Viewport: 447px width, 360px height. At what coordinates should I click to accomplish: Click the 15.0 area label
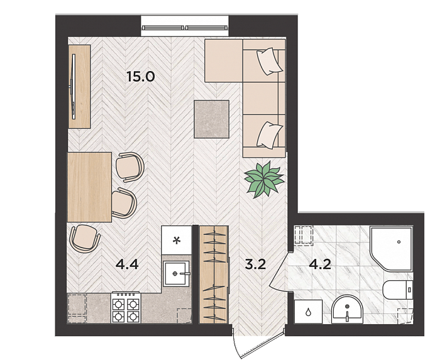click(141, 76)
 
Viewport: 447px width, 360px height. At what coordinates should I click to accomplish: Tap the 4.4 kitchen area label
click(127, 265)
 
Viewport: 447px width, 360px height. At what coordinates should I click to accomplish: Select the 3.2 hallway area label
click(255, 265)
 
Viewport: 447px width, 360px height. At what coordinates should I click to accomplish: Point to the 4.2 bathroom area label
click(320, 265)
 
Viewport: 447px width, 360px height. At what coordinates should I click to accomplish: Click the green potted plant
click(264, 179)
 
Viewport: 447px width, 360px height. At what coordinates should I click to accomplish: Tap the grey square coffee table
click(211, 119)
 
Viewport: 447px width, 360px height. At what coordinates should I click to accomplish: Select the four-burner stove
click(126, 308)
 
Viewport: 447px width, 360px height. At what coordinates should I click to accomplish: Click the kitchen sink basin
click(176, 273)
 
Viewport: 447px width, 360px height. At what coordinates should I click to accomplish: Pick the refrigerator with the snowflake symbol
click(176, 240)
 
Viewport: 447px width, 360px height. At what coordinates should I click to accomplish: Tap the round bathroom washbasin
click(347, 310)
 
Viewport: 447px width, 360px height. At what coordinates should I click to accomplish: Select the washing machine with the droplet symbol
click(308, 311)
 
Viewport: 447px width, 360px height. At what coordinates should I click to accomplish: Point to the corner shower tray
click(391, 248)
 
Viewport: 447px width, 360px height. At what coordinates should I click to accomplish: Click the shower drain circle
click(399, 242)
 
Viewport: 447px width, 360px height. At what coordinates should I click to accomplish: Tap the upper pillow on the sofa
click(270, 61)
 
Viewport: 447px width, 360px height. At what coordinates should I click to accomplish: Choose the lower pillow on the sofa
click(270, 135)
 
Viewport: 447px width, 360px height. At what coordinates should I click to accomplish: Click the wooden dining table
click(89, 187)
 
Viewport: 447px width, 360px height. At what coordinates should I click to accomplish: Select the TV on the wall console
click(74, 87)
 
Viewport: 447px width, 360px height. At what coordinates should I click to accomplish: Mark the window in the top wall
click(185, 28)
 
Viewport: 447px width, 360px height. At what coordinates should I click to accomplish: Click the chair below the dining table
click(85, 238)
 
